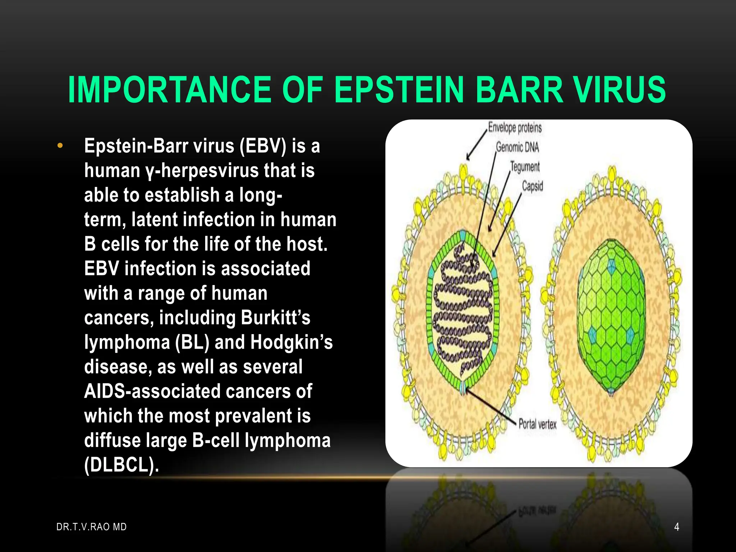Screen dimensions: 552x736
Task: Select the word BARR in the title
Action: pyautogui.click(x=519, y=90)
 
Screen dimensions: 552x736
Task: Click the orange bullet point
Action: pyautogui.click(x=60, y=146)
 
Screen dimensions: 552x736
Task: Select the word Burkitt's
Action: pyautogui.click(x=276, y=318)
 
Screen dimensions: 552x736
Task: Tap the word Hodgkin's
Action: pyautogui.click(x=291, y=342)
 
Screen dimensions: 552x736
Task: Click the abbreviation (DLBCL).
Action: pyautogui.click(x=121, y=465)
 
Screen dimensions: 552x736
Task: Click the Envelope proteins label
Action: pyautogui.click(x=515, y=128)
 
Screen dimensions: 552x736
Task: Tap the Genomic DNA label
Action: pyautogui.click(x=517, y=147)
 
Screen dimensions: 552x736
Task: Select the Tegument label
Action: pyautogui.click(x=525, y=167)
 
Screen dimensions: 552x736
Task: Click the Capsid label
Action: pyautogui.click(x=532, y=186)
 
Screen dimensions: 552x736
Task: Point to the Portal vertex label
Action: pyautogui.click(x=537, y=424)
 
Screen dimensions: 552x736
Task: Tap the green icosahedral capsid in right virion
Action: pyautogui.click(x=611, y=316)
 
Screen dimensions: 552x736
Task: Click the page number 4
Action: pyautogui.click(x=677, y=527)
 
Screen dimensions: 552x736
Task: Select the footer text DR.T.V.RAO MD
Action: pyautogui.click(x=92, y=527)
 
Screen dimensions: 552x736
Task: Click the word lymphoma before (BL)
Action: pyautogui.click(x=127, y=342)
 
